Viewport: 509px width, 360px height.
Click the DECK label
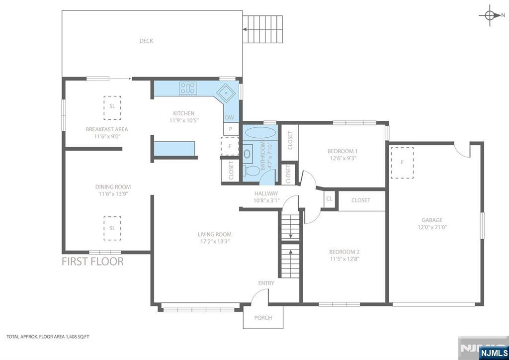click(x=146, y=41)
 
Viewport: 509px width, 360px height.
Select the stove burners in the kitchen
click(x=188, y=89)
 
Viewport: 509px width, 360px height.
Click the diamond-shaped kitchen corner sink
click(x=226, y=93)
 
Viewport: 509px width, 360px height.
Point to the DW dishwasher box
click(x=230, y=117)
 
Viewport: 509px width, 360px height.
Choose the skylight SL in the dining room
click(x=112, y=228)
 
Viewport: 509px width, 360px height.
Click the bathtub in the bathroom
click(x=260, y=132)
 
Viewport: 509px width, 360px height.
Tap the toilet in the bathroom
click(x=251, y=171)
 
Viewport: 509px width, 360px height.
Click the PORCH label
click(x=263, y=318)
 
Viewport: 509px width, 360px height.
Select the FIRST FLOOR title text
click(x=92, y=262)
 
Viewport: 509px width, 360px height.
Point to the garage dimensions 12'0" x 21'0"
click(x=432, y=227)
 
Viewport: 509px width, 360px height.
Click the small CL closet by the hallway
click(x=330, y=199)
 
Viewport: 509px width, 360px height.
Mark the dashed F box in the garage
click(x=402, y=163)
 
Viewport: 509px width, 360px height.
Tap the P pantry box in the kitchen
click(x=231, y=129)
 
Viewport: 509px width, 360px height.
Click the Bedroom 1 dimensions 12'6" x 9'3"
click(x=342, y=159)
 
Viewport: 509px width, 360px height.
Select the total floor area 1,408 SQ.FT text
click(x=48, y=337)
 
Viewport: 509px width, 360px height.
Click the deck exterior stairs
click(x=262, y=29)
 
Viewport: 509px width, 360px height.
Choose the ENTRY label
click(x=266, y=283)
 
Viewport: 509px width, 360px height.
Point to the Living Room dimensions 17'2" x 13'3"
click(x=215, y=242)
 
